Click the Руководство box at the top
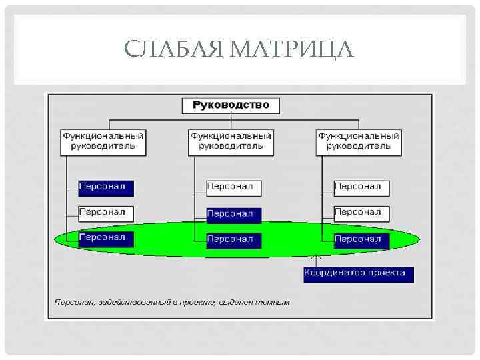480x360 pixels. point(231,105)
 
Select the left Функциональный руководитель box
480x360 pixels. point(103,141)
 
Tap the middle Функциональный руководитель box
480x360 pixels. point(231,141)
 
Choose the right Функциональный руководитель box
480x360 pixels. point(359,141)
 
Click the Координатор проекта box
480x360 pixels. point(359,273)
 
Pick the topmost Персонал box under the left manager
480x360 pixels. point(106,187)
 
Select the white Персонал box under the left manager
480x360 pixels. point(106,213)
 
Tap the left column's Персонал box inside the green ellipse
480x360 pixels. point(106,238)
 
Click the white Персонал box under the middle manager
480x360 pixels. point(234,187)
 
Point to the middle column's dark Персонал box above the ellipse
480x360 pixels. point(234,214)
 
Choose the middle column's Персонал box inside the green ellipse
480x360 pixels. point(234,240)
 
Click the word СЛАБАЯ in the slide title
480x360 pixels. point(174,49)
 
